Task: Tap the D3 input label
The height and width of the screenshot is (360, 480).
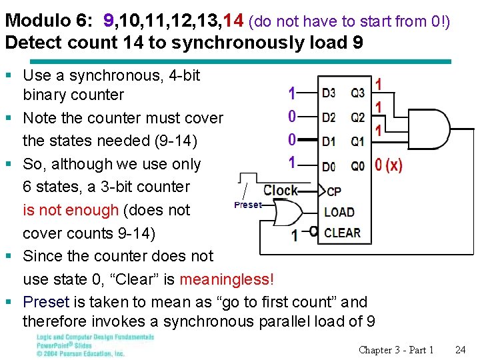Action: tap(328, 93)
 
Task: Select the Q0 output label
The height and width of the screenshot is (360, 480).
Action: tap(358, 165)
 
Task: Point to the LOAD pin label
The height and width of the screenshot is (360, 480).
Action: tap(339, 212)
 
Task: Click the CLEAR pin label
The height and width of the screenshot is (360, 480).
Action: tap(342, 233)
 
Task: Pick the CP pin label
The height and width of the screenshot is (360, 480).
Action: tap(334, 191)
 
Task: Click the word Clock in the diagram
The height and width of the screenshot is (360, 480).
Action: tap(281, 191)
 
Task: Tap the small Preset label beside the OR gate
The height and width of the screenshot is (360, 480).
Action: tap(248, 205)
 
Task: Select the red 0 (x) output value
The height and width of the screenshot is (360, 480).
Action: tap(389, 165)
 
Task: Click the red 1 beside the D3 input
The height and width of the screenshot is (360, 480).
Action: tap(292, 93)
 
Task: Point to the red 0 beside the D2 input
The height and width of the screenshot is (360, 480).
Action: tap(292, 117)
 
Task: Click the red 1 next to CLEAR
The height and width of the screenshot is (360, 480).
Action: tap(295, 235)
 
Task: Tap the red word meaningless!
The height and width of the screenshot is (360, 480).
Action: tap(227, 279)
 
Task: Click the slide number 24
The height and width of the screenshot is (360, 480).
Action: tap(460, 350)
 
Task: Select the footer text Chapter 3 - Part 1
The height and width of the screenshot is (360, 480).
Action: tap(396, 350)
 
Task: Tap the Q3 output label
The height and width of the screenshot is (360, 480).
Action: tap(358, 93)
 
